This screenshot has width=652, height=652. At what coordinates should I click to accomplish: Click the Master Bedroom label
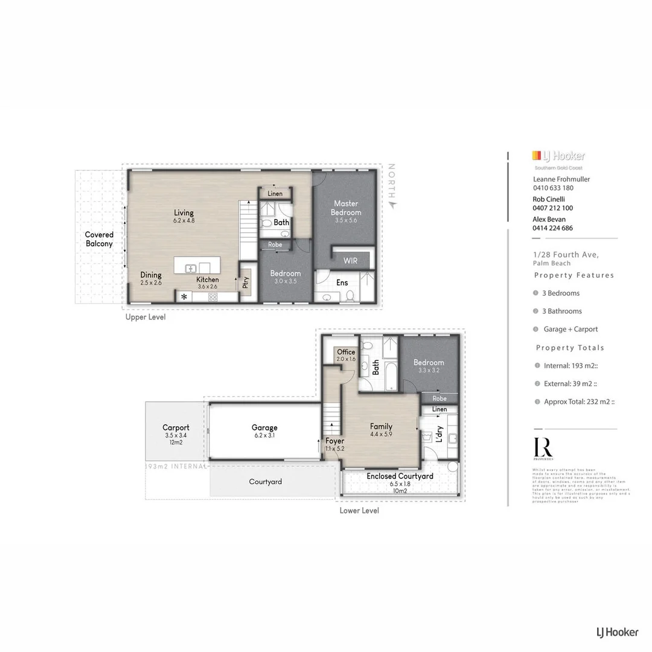[347, 208]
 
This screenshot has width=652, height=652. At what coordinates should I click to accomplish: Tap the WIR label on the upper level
[350, 261]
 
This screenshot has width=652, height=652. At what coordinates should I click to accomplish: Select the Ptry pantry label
[246, 283]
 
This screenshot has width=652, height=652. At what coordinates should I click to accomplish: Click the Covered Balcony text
[99, 239]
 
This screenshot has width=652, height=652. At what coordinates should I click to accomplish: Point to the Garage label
[264, 427]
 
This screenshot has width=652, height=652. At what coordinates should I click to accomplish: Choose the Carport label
[176, 427]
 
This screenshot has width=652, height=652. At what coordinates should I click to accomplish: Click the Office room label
[346, 352]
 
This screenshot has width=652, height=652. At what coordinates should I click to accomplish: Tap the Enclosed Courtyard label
[400, 476]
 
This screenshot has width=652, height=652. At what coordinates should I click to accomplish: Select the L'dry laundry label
[439, 433]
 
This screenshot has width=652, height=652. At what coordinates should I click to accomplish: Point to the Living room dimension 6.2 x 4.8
[184, 221]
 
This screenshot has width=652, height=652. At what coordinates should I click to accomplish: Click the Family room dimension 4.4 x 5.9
[381, 434]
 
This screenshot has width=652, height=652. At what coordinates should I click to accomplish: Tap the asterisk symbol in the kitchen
[184, 297]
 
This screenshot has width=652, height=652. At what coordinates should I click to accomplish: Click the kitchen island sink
[191, 268]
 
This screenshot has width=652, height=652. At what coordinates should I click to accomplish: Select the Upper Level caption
[145, 317]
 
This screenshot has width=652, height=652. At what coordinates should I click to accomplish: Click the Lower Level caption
[359, 510]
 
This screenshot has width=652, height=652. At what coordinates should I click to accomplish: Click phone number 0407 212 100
[552, 208]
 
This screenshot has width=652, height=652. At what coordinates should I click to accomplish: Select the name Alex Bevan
[549, 219]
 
